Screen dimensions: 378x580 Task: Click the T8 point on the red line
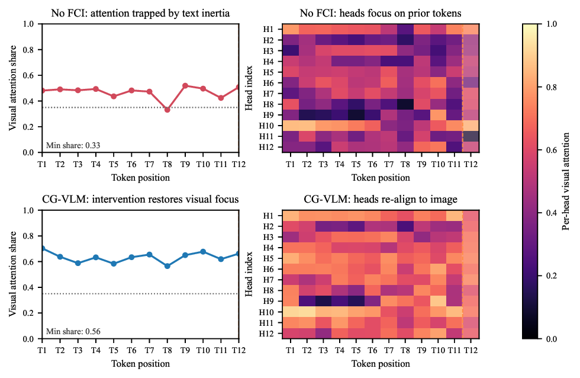point(167,110)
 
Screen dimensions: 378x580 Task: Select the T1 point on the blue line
point(42,248)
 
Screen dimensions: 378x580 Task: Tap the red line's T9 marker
point(185,85)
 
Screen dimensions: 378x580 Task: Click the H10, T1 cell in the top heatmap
point(291,126)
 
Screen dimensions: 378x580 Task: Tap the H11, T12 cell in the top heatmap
point(470,136)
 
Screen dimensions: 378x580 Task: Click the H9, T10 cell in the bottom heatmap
point(439,300)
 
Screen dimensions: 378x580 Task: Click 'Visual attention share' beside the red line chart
point(13,88)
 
